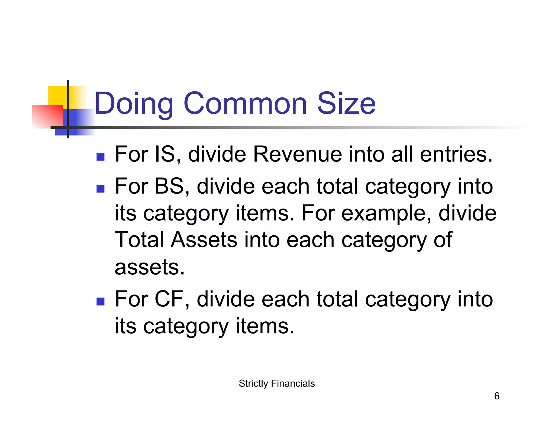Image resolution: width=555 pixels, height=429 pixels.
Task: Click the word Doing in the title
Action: (134, 104)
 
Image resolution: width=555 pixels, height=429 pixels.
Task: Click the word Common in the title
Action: (245, 103)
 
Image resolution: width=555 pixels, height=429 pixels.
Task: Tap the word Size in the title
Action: (346, 103)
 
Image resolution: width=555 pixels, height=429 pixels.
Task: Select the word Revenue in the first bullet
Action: (297, 154)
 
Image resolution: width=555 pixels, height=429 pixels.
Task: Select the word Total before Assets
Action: (139, 240)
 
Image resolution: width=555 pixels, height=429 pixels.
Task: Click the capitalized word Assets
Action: (204, 240)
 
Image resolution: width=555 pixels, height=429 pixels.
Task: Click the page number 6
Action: (496, 396)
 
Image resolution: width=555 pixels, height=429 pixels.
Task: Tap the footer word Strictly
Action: (253, 383)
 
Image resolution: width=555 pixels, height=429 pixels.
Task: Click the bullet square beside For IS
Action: (101, 157)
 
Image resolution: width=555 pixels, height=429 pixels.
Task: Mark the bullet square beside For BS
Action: (101, 189)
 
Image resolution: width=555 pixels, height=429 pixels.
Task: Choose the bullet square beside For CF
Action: (101, 302)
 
